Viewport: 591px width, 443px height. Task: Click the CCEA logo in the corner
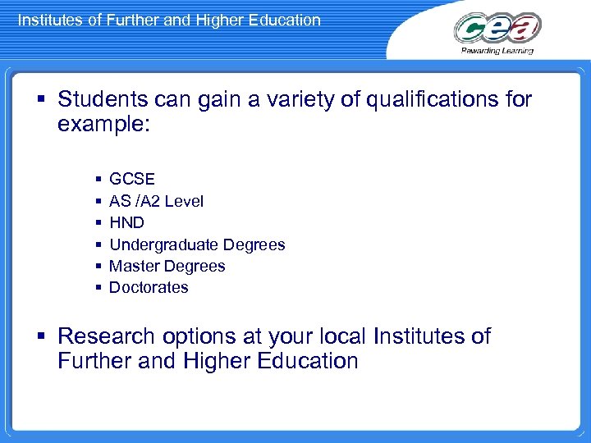pyautogui.click(x=497, y=28)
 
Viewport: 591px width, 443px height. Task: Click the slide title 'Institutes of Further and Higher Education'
pyautogui.click(x=169, y=20)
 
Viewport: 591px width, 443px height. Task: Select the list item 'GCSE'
pyautogui.click(x=132, y=179)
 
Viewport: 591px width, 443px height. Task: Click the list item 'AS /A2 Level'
pyautogui.click(x=156, y=201)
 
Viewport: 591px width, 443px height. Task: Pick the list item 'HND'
pyautogui.click(x=126, y=222)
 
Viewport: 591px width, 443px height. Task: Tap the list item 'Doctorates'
pyautogui.click(x=149, y=287)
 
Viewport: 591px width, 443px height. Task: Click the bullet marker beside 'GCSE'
pyautogui.click(x=98, y=179)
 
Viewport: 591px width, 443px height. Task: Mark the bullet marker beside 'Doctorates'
pyautogui.click(x=98, y=288)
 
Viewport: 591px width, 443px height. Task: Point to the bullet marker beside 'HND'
pyautogui.click(x=98, y=222)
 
